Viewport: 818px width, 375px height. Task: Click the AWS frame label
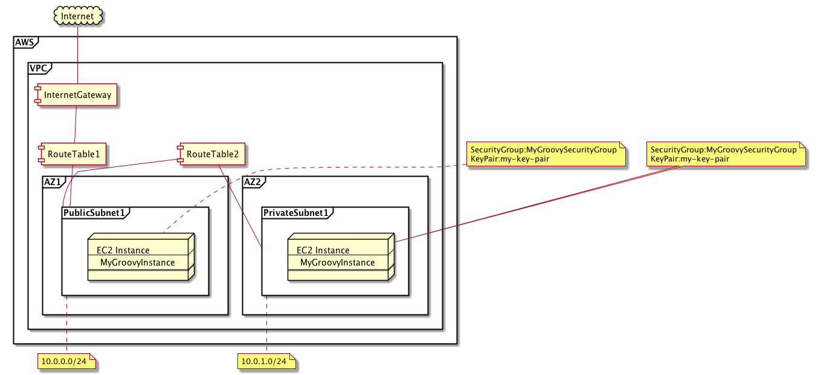point(25,42)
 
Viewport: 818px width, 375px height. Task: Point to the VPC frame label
point(39,68)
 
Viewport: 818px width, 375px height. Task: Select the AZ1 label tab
point(53,181)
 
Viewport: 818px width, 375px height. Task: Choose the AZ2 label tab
point(253,181)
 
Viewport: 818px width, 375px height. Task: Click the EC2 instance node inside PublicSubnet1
point(140,256)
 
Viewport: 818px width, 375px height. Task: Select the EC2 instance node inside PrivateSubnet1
point(340,256)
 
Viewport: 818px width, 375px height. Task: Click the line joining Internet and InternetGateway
point(78,54)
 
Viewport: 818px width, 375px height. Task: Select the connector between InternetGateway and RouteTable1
point(74,125)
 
